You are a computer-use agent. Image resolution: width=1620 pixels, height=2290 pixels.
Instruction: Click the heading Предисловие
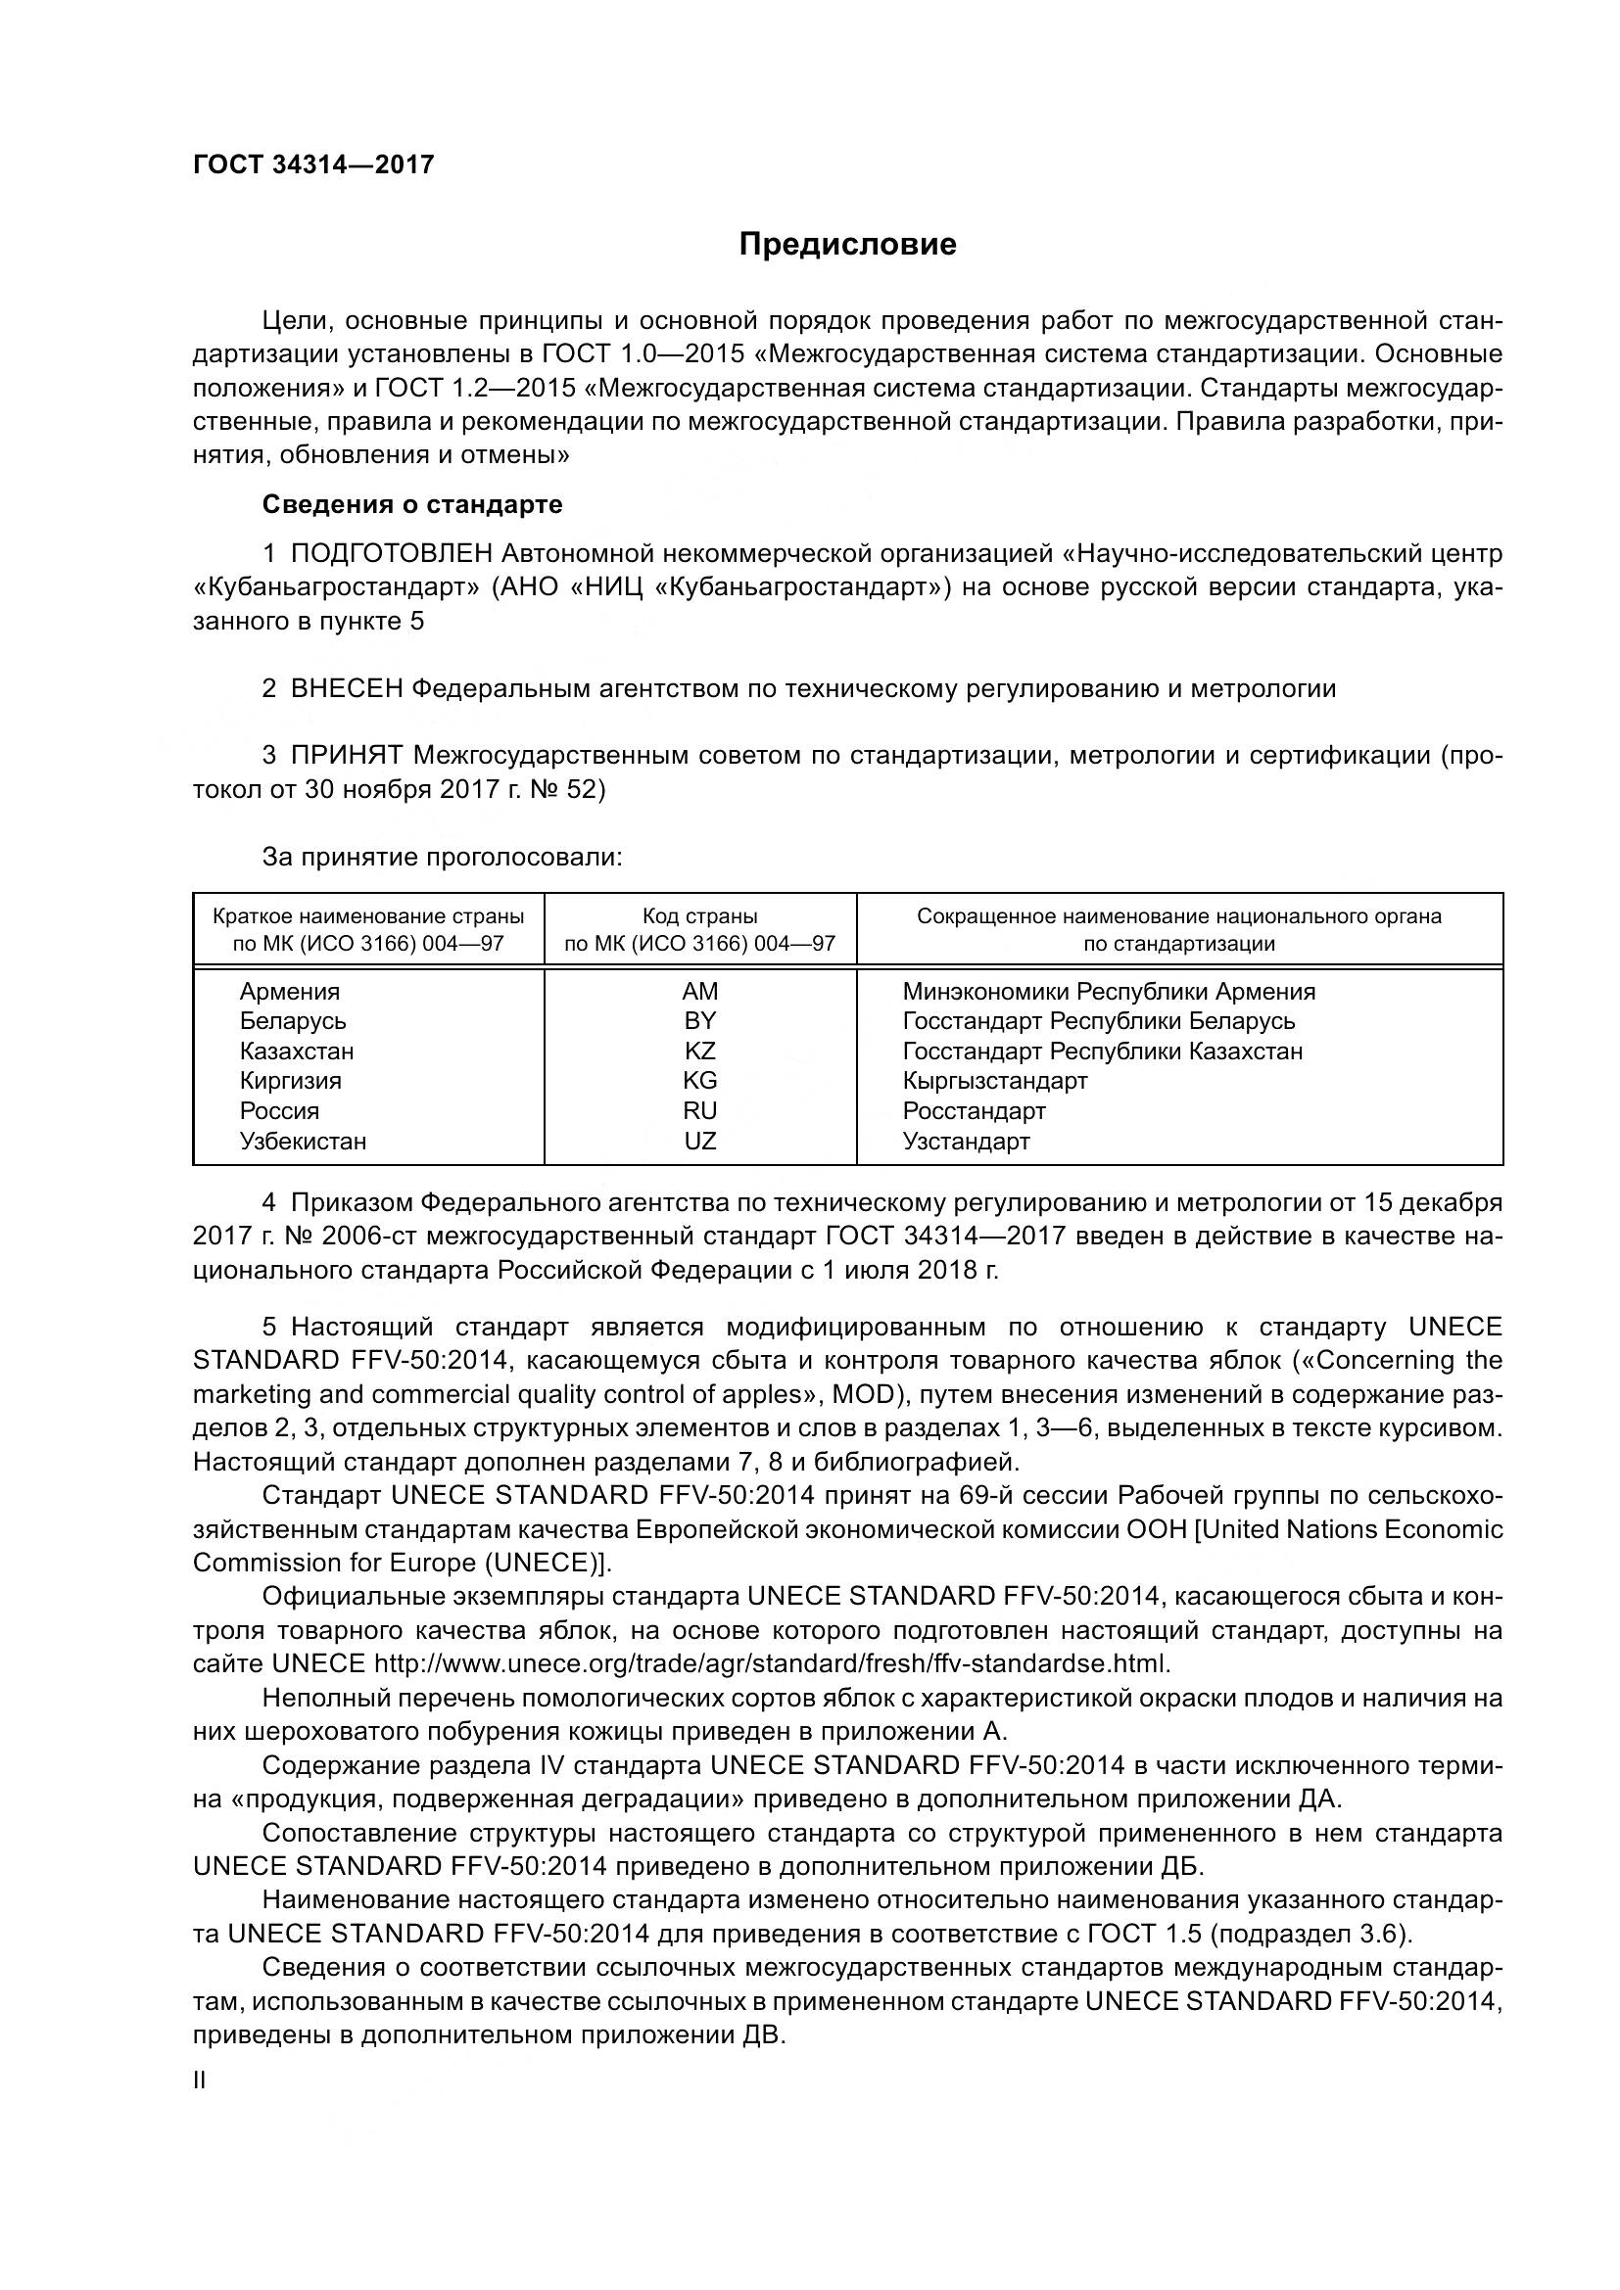(x=847, y=245)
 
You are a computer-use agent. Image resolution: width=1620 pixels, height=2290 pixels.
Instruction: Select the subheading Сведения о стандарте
(x=412, y=504)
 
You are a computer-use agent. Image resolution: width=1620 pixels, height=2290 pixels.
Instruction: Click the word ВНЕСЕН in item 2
(x=347, y=689)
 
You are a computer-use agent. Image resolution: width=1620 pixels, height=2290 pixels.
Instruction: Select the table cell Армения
(x=289, y=992)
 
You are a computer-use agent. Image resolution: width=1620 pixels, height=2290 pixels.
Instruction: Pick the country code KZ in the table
(x=699, y=1052)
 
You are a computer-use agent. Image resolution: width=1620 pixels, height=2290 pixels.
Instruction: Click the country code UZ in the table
(x=699, y=1141)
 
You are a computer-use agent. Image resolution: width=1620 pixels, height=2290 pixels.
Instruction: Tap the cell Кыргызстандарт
(x=994, y=1081)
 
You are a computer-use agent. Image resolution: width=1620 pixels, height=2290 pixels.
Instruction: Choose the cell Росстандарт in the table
(x=974, y=1111)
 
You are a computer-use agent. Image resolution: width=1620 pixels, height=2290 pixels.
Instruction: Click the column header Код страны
(x=699, y=916)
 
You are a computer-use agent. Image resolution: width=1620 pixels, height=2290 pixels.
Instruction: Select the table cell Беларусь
(x=292, y=1021)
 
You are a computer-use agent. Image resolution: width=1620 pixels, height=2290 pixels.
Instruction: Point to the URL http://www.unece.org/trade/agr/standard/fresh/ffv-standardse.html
(x=770, y=1664)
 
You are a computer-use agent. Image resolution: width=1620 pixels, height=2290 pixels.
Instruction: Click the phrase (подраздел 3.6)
(x=1311, y=1934)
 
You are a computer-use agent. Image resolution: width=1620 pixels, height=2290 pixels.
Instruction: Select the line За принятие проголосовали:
(x=442, y=858)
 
